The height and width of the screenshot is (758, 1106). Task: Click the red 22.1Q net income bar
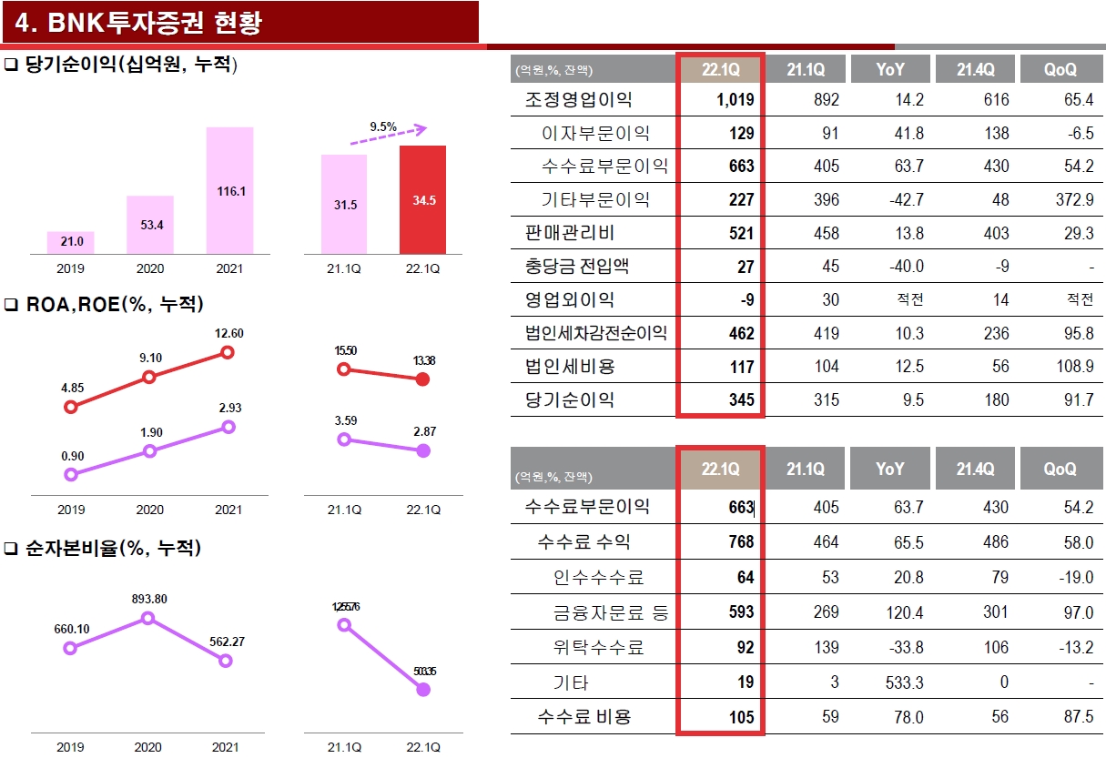(422, 200)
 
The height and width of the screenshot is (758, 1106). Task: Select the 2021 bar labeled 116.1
(229, 191)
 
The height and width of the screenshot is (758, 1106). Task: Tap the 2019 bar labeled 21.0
(71, 242)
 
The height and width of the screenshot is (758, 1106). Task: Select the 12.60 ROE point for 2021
(228, 353)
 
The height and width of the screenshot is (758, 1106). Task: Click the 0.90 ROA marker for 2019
(71, 474)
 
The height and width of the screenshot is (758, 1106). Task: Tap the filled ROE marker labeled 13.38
(422, 379)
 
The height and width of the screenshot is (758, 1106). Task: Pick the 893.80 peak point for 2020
(148, 619)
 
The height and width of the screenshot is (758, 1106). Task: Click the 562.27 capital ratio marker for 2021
(227, 661)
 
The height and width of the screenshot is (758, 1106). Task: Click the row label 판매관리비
(570, 233)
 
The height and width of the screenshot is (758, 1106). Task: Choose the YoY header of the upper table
(890, 69)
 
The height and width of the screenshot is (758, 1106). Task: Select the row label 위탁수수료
(598, 648)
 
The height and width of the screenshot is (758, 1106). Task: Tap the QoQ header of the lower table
(1060, 470)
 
